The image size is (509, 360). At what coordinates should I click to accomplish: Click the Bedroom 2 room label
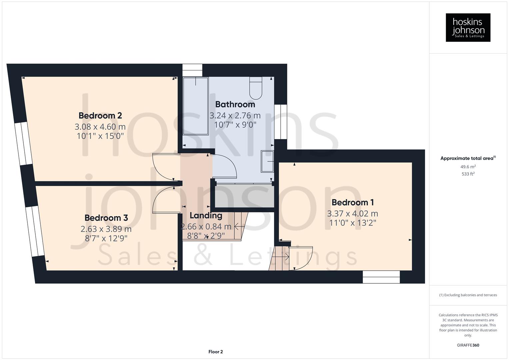(x=100, y=116)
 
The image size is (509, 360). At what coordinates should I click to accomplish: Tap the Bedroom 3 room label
(x=106, y=218)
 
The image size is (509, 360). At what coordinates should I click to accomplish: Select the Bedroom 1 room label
(x=352, y=202)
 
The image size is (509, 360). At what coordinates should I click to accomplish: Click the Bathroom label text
(x=235, y=104)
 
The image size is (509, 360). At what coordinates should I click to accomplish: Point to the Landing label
(x=206, y=216)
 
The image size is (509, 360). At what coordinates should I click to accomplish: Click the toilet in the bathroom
(x=256, y=88)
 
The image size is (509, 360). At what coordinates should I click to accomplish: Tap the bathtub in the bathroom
(x=195, y=106)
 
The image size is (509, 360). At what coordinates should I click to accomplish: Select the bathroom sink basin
(x=267, y=161)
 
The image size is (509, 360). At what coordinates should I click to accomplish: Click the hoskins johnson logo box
(x=468, y=27)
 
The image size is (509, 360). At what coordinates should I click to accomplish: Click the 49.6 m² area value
(x=468, y=167)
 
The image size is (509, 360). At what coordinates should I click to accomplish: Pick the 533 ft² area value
(x=468, y=174)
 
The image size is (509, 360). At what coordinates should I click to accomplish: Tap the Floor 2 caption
(x=215, y=352)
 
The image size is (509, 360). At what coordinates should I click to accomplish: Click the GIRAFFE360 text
(x=468, y=345)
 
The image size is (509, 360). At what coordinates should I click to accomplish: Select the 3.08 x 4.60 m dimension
(x=100, y=127)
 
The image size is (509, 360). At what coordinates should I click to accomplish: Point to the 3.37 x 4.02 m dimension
(x=352, y=214)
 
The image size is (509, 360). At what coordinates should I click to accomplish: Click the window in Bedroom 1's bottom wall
(x=381, y=277)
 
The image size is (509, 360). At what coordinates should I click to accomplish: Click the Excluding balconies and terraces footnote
(x=468, y=295)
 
